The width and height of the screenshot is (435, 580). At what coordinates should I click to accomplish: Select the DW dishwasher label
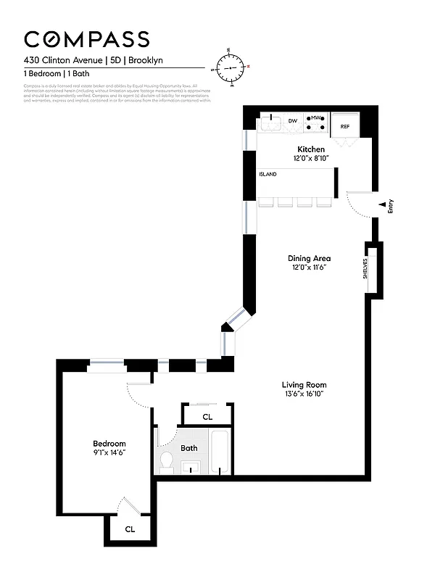coord(293,120)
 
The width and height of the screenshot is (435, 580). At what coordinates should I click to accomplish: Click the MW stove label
coord(316,117)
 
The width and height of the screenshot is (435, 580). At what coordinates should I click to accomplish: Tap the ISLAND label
coord(268,174)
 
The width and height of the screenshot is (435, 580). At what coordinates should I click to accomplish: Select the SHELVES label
coord(366,269)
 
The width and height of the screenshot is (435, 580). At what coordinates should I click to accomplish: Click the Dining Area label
coord(310,258)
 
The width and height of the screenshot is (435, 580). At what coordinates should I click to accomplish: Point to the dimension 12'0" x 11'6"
coord(310,268)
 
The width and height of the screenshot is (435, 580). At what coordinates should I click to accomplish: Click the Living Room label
coord(304,385)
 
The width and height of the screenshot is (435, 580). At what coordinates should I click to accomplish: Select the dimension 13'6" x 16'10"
coord(304,394)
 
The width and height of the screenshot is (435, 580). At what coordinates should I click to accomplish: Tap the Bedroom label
coord(109,444)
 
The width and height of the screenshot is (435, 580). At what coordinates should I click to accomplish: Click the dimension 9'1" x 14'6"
coord(109,453)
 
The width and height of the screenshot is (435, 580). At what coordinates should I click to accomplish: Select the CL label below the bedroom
coord(130,529)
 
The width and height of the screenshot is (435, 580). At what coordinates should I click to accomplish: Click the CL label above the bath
coord(207,417)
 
